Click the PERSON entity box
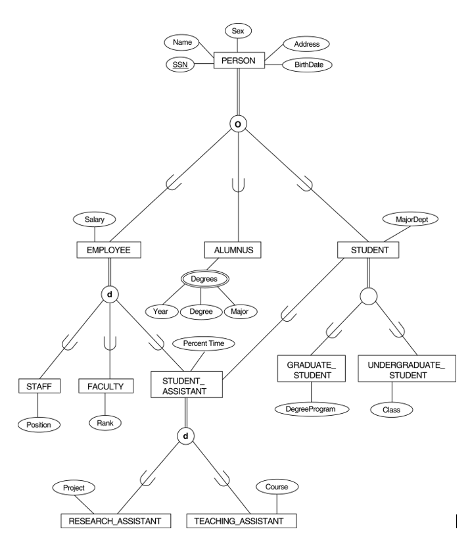pos(239,61)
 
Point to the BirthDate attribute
pos(306,65)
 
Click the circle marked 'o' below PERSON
pos(239,123)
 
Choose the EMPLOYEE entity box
pos(108,250)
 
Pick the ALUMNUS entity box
pos(233,250)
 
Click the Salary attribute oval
pos(95,218)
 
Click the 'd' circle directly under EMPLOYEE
pos(108,293)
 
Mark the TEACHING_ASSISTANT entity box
pos(239,521)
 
